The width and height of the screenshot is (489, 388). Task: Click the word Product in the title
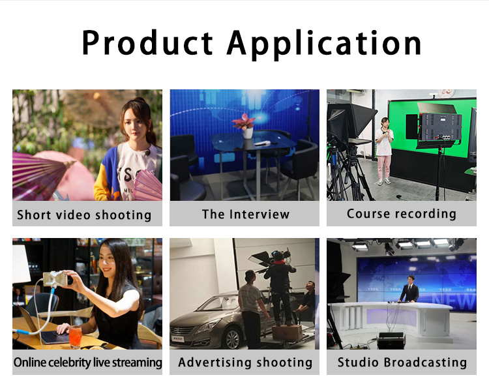click(147, 43)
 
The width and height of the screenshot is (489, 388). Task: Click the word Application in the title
click(324, 45)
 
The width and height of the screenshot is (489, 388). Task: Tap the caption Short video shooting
click(84, 215)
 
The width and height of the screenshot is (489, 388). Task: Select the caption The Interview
click(246, 215)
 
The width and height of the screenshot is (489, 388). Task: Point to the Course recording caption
click(402, 214)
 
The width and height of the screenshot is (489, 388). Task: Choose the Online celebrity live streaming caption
click(87, 363)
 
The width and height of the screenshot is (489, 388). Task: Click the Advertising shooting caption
click(245, 363)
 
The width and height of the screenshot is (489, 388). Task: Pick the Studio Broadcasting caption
click(402, 362)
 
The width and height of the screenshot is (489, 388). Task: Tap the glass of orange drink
click(75, 337)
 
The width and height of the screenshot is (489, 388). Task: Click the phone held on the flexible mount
click(55, 278)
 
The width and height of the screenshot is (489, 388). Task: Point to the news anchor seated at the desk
click(409, 290)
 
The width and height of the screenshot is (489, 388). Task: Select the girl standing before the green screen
click(384, 151)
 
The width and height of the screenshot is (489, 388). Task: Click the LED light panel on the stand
click(439, 127)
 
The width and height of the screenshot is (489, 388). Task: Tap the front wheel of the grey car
click(233, 338)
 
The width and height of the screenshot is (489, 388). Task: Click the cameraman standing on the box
click(280, 286)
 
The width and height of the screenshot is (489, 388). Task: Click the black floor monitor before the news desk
click(391, 340)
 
